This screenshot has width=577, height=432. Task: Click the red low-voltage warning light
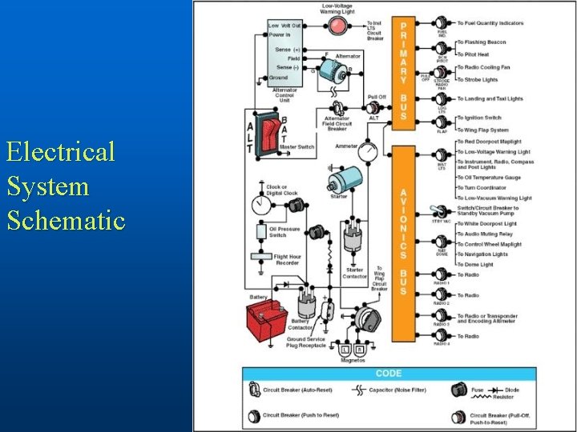tap(337, 26)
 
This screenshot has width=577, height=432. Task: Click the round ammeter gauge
tap(368, 150)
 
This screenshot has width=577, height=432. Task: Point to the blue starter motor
tap(348, 179)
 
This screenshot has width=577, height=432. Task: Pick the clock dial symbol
tap(259, 206)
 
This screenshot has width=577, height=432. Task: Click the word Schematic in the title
tap(66, 219)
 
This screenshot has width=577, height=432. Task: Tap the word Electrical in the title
tap(60, 150)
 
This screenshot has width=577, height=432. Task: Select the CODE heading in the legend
tap(388, 374)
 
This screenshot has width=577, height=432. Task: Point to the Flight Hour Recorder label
tap(287, 259)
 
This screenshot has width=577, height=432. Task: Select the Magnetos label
tap(353, 360)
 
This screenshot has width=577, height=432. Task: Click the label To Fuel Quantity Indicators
tap(502, 23)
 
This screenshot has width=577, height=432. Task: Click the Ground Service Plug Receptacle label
tap(307, 342)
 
